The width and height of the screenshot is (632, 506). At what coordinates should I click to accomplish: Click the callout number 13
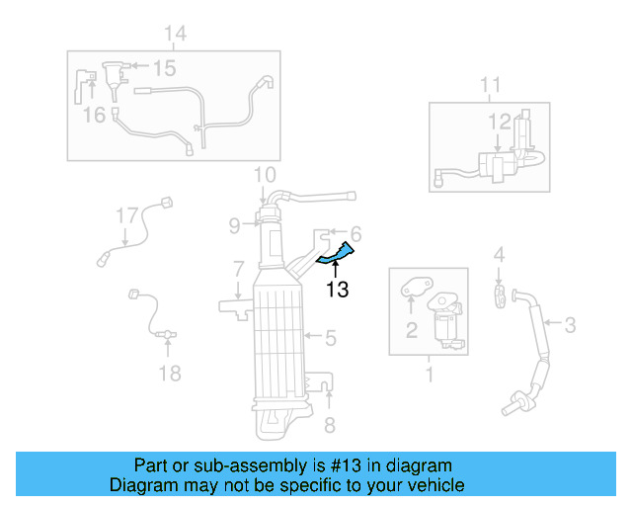[338, 290]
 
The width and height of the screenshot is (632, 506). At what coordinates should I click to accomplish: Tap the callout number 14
[174, 35]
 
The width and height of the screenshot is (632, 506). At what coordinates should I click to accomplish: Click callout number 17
[126, 214]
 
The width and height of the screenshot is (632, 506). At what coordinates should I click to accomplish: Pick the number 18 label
[170, 373]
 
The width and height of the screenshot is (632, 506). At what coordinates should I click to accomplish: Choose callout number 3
[570, 322]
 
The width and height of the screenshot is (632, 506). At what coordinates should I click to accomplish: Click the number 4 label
[499, 256]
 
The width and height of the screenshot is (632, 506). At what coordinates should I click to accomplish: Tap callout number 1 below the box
[430, 375]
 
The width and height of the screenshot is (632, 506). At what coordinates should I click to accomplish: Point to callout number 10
[264, 176]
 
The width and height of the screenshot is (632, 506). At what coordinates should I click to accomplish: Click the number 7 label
[238, 268]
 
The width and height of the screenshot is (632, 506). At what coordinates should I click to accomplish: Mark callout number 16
[93, 116]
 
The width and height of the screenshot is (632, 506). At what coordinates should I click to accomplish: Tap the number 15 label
[163, 68]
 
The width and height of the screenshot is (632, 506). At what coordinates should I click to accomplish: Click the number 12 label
[498, 123]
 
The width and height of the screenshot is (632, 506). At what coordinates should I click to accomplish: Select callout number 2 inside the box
[411, 330]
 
